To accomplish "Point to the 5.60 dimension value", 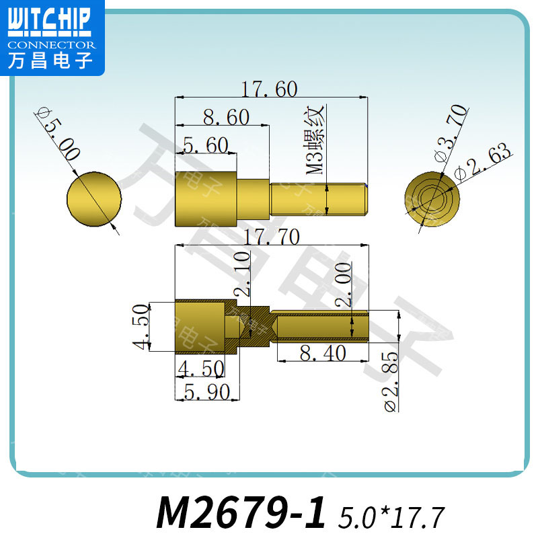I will click(206, 145).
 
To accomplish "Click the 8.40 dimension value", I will click(323, 352).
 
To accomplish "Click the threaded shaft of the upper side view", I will click(319, 200).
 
